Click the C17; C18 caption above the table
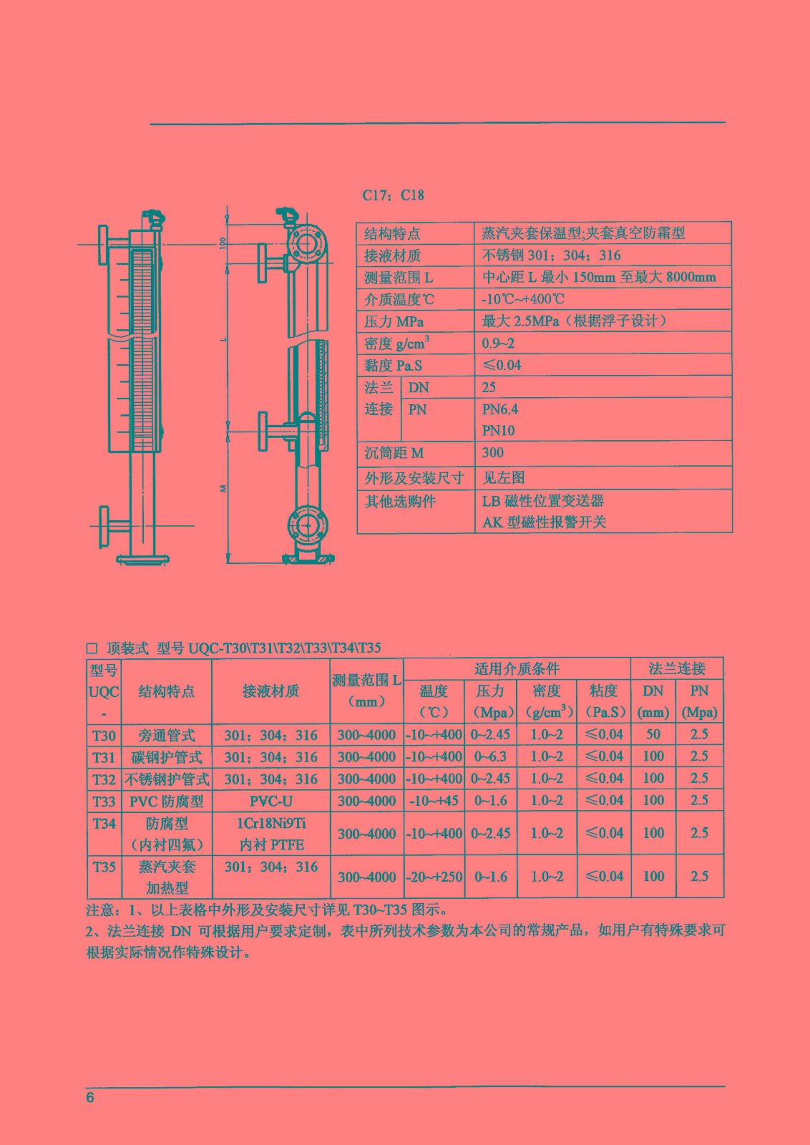pyautogui.click(x=393, y=195)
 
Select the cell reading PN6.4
pyautogui.click(x=499, y=409)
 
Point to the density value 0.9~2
pyautogui.click(x=498, y=343)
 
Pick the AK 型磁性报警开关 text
pyautogui.click(x=545, y=522)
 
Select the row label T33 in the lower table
pyautogui.click(x=104, y=801)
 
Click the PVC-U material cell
pyautogui.click(x=271, y=801)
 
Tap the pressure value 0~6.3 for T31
pyautogui.click(x=491, y=756)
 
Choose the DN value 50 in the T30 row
pyautogui.click(x=653, y=734)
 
